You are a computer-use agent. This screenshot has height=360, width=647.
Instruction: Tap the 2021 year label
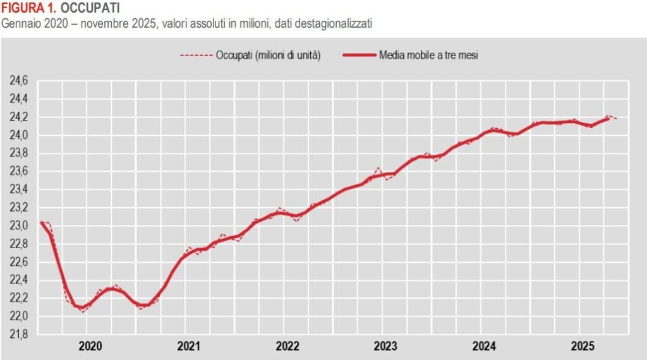pos(188,346)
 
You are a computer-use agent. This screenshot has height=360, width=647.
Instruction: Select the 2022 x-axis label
pos(287,346)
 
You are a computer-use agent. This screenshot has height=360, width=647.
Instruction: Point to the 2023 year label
pos(386,346)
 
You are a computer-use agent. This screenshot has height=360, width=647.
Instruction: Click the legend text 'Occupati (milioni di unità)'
pos(269,56)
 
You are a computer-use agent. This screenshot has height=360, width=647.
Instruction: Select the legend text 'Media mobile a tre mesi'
pos(428,56)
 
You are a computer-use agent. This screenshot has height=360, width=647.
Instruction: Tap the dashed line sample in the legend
pos(195,56)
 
